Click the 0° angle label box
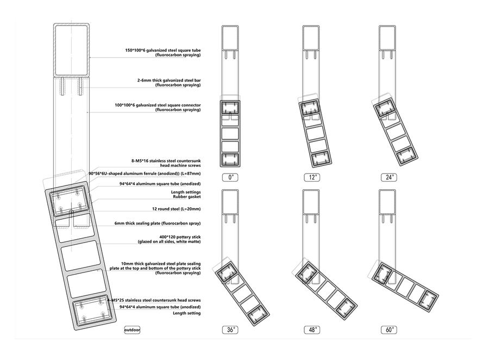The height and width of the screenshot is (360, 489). click(x=230, y=177)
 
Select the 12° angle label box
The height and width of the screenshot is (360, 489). click(x=312, y=177)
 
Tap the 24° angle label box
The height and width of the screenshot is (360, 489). click(x=389, y=177)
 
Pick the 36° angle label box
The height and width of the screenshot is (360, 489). click(x=230, y=330)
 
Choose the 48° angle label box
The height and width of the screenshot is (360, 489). click(x=312, y=330)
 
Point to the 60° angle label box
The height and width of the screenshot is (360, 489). click(x=389, y=330)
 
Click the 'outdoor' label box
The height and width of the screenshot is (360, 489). click(x=132, y=330)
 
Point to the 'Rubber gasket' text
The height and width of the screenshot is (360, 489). click(x=187, y=197)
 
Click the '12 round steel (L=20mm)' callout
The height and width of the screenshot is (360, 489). click(x=176, y=209)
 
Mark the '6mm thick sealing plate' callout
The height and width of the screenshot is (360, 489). click(x=158, y=224)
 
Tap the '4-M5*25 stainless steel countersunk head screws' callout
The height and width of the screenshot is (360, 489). click(x=154, y=300)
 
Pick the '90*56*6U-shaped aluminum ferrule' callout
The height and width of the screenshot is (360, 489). click(x=145, y=173)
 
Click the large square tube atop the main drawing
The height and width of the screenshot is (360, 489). click(x=71, y=50)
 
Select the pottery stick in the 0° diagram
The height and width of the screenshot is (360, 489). click(x=230, y=133)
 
